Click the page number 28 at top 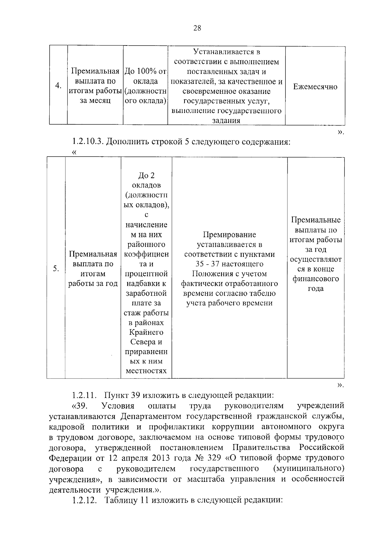click(197, 28)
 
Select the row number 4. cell click(58, 86)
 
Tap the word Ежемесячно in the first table click(315, 86)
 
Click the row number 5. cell click(56, 269)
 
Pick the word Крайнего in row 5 click(146, 332)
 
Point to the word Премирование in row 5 click(229, 235)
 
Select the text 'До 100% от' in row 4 click(145, 71)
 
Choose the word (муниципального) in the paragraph click(308, 468)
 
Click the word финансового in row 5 click(315, 279)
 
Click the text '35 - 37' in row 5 click(208, 264)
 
